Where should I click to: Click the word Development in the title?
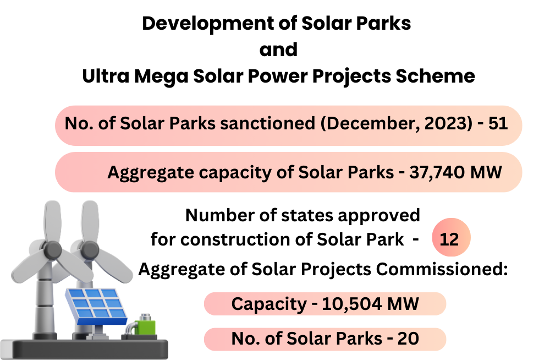click(x=208, y=24)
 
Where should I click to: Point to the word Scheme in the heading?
click(x=435, y=76)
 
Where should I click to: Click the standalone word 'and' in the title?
click(x=278, y=50)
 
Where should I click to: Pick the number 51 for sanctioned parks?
click(x=498, y=123)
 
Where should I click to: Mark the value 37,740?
click(x=437, y=173)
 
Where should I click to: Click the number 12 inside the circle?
click(x=449, y=239)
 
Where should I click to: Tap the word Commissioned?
click(x=442, y=269)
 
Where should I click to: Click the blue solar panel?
click(x=96, y=306)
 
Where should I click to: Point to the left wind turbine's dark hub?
click(x=52, y=250)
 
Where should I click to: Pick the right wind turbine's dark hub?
click(x=90, y=250)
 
